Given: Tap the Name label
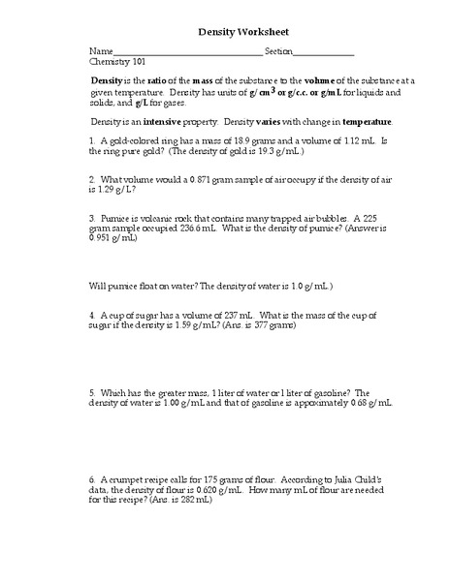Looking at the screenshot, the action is click(x=101, y=50).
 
